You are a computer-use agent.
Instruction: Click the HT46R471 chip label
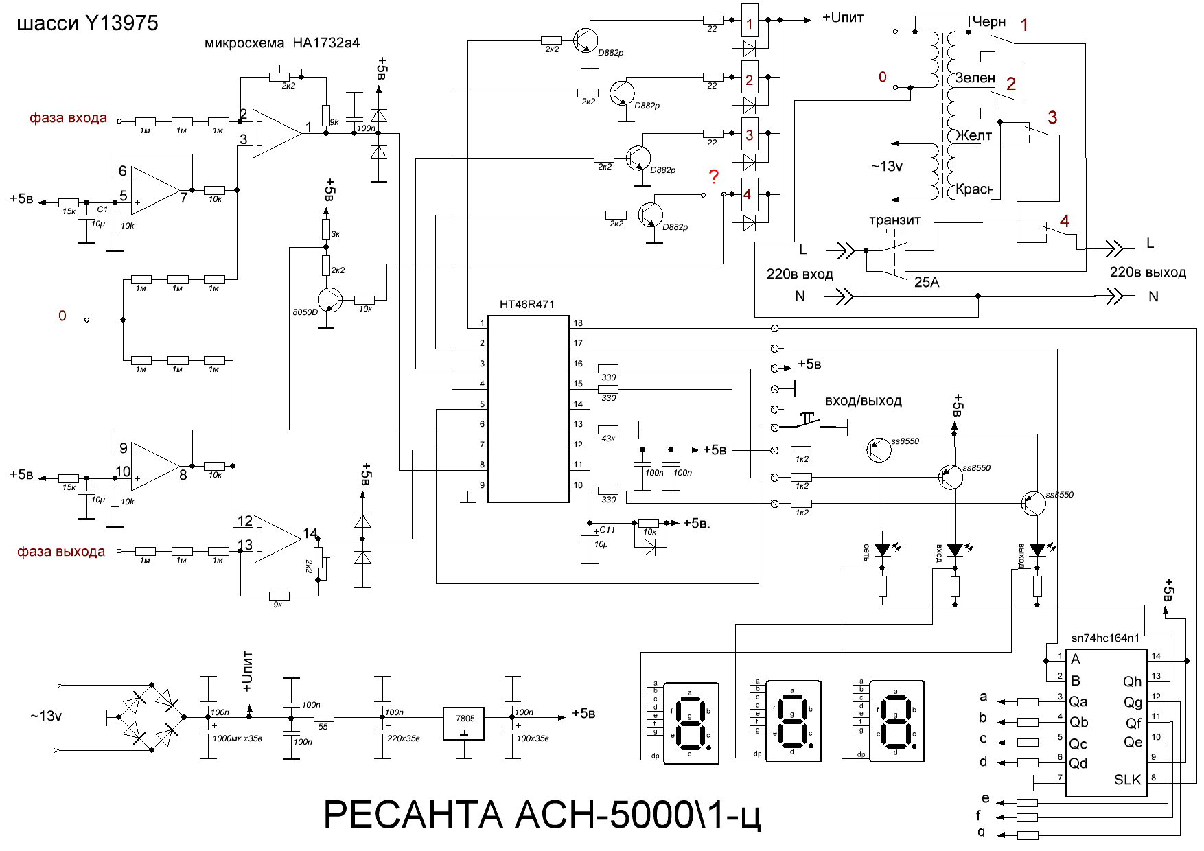click(526, 304)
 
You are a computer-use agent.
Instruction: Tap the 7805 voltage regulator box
click(464, 724)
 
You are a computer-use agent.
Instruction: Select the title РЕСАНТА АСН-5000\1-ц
click(542, 815)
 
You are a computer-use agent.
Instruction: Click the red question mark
click(714, 177)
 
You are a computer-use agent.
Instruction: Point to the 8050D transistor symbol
click(330, 300)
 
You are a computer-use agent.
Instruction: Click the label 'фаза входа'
click(68, 117)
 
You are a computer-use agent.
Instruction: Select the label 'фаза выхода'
click(61, 552)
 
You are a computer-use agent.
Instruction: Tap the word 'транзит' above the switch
click(894, 220)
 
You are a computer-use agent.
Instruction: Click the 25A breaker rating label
click(927, 282)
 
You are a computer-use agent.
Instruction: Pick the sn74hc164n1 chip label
click(1105, 638)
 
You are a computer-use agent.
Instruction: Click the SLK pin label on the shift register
click(1127, 780)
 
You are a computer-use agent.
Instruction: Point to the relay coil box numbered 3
click(750, 135)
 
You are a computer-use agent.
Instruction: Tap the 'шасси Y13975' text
click(87, 23)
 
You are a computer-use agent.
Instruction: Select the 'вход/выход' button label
click(863, 401)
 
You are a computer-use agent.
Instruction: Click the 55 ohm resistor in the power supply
click(323, 718)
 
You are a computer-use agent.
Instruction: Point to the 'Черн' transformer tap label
click(988, 22)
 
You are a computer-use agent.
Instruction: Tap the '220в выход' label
click(1148, 272)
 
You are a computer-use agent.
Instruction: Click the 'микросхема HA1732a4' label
click(282, 43)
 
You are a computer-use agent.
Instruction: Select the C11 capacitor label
click(607, 530)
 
